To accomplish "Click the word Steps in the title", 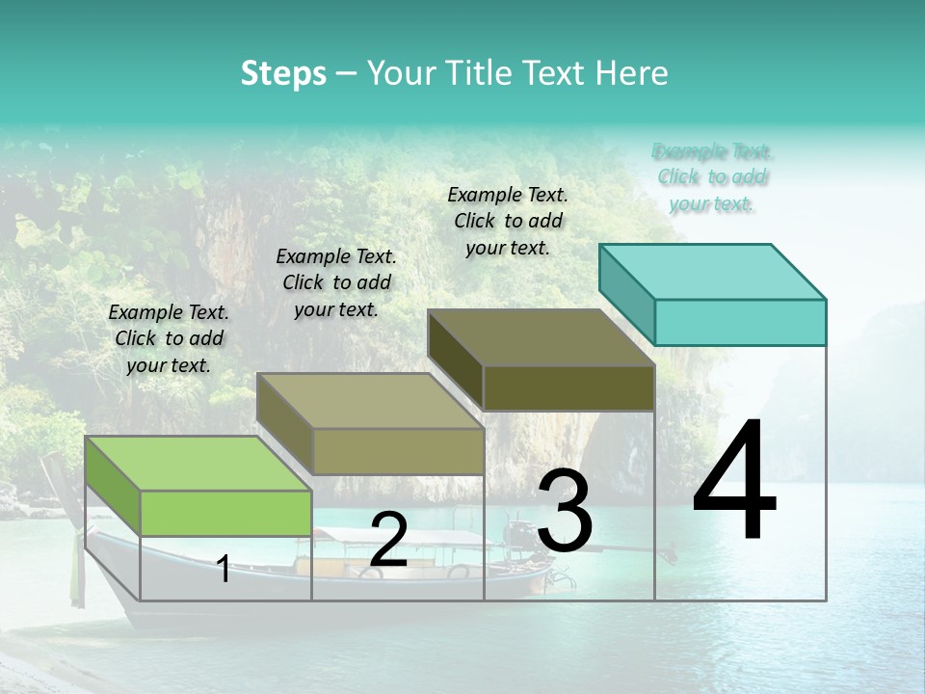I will (283, 73).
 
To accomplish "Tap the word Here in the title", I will (631, 73).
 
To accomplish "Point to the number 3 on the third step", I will (564, 511).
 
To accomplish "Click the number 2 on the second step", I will (388, 540).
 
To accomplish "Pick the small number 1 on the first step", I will (224, 569).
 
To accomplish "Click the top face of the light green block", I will (198, 464).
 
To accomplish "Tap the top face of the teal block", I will (713, 271).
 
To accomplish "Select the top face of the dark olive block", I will (542, 337).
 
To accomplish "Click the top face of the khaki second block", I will (370, 401).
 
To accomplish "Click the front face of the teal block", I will (740, 322).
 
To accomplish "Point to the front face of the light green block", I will (225, 513).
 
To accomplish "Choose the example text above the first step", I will (169, 338).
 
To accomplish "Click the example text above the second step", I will (336, 282).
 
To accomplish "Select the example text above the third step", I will (508, 221).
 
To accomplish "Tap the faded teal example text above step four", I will (712, 177).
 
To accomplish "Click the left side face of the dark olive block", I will (455, 359).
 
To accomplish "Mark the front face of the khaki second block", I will (398, 451).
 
